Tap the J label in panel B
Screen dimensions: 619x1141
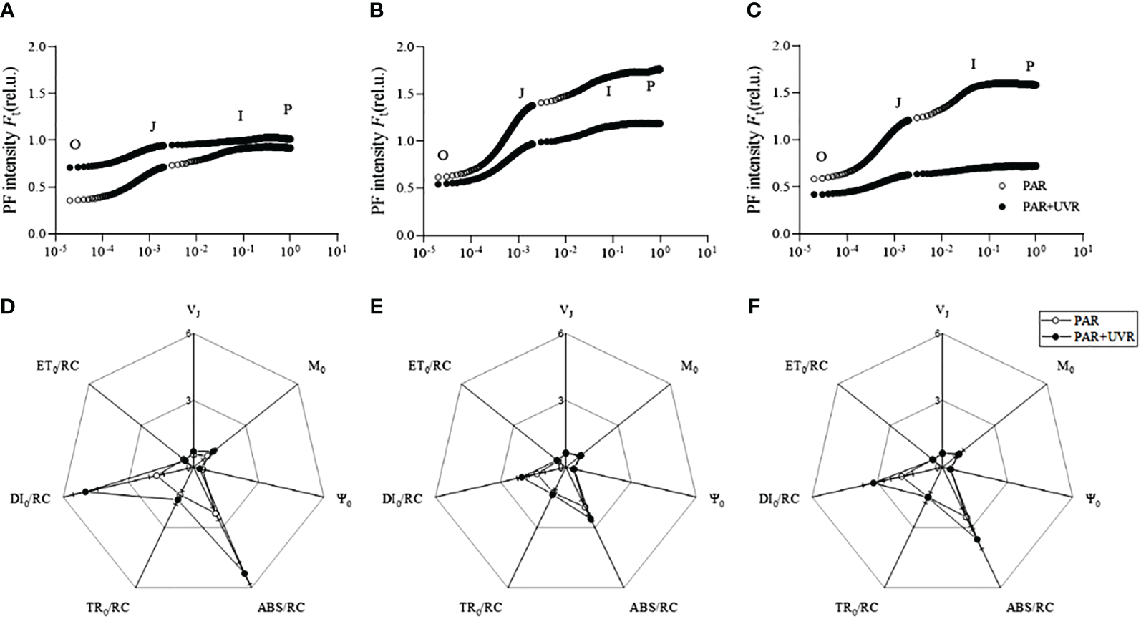522,93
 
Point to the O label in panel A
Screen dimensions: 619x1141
74,145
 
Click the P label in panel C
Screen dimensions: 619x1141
1029,67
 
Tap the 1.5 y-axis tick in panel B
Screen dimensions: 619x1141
406,94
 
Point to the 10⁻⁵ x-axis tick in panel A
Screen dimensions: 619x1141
54,251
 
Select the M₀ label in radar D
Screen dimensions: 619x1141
313,368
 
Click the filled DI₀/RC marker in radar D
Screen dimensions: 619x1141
85,492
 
